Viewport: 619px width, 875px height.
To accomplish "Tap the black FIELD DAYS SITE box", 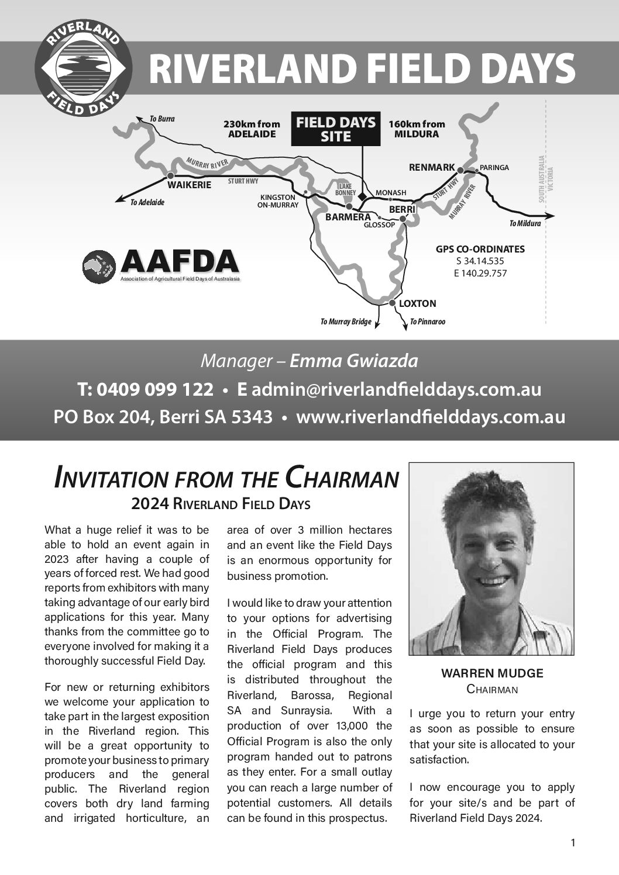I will click(x=336, y=129).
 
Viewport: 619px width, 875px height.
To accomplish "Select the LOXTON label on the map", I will click(x=417, y=303).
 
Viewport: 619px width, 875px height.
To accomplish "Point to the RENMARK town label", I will click(x=432, y=168).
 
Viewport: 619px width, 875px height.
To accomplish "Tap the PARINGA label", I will click(x=494, y=168).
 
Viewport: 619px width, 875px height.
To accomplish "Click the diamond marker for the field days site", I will click(x=362, y=196).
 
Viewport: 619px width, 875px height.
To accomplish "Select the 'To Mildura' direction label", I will click(x=525, y=223).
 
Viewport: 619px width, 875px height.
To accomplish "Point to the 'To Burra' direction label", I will click(x=162, y=119).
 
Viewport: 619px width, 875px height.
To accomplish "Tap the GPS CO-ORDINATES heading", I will click(x=480, y=249).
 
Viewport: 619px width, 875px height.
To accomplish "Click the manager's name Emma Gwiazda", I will click(x=354, y=361).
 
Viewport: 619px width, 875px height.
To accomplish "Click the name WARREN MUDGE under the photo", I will click(x=491, y=673).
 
